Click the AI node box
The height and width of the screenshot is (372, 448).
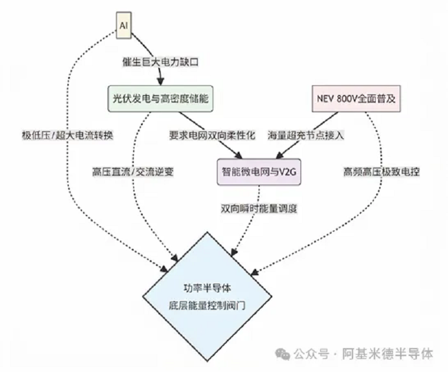tap(124, 26)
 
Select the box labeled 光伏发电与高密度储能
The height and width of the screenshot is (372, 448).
tap(161, 97)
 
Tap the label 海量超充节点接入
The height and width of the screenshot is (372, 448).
tap(306, 135)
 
